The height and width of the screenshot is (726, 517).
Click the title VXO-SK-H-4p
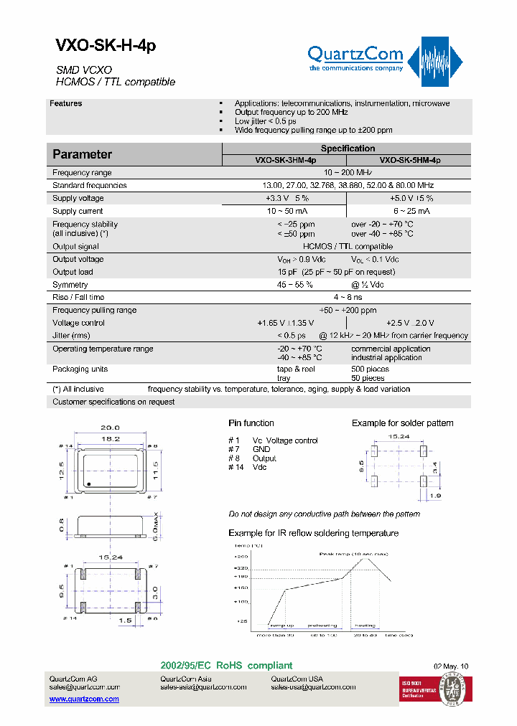pyautogui.click(x=105, y=46)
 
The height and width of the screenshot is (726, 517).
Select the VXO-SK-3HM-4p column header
pyautogui.click(x=285, y=161)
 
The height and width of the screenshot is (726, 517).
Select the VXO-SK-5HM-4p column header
pyautogui.click(x=409, y=161)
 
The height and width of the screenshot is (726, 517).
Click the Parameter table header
pyautogui.click(x=83, y=154)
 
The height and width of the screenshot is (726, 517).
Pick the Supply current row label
pyautogui.click(x=78, y=211)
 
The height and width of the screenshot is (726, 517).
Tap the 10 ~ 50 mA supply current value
pyautogui.click(x=287, y=211)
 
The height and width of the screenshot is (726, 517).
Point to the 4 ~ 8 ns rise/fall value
pyautogui.click(x=348, y=297)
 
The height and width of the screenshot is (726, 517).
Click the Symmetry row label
pyautogui.click(x=70, y=285)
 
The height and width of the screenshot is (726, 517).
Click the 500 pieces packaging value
pyautogui.click(x=370, y=369)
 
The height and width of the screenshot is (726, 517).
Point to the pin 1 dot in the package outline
pyautogui.click(x=88, y=485)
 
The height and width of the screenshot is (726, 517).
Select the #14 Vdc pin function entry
pyautogui.click(x=248, y=467)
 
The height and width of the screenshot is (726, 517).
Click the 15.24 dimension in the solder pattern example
pyautogui.click(x=399, y=435)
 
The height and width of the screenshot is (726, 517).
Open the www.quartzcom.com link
pyautogui.click(x=84, y=699)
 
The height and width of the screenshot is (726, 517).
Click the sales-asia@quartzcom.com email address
pyautogui.click(x=203, y=687)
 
